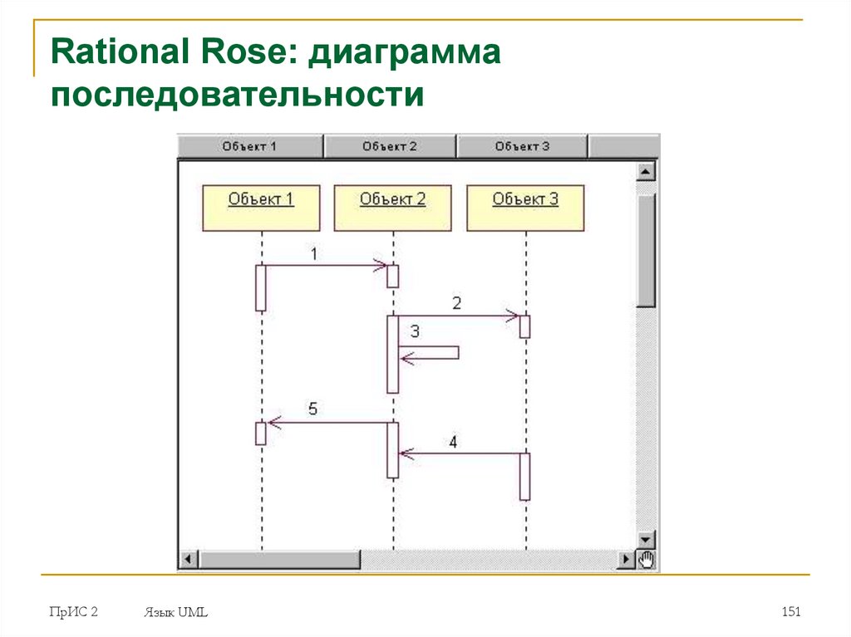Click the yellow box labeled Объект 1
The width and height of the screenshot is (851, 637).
coord(261,208)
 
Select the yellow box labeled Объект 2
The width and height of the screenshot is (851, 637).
coord(392,208)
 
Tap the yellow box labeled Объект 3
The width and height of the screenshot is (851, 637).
coord(525,208)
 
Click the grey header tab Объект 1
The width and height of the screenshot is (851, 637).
coord(249,146)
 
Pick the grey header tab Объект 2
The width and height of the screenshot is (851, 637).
coord(390,146)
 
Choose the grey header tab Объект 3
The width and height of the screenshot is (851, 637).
coord(522,146)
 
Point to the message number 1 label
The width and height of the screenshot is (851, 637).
coord(313,254)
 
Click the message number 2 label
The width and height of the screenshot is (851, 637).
coord(456,303)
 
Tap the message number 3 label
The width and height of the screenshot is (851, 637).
coord(415,331)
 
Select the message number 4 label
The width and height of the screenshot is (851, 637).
coord(453,442)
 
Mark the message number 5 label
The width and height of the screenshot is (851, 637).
coord(312,409)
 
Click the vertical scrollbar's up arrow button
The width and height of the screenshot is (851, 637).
coord(646,172)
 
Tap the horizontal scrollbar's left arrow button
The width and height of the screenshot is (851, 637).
coord(187,560)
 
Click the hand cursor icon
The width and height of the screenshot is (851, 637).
coord(647,560)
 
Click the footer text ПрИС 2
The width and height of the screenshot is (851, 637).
coord(73,612)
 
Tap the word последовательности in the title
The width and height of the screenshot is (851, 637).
coord(238,93)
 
